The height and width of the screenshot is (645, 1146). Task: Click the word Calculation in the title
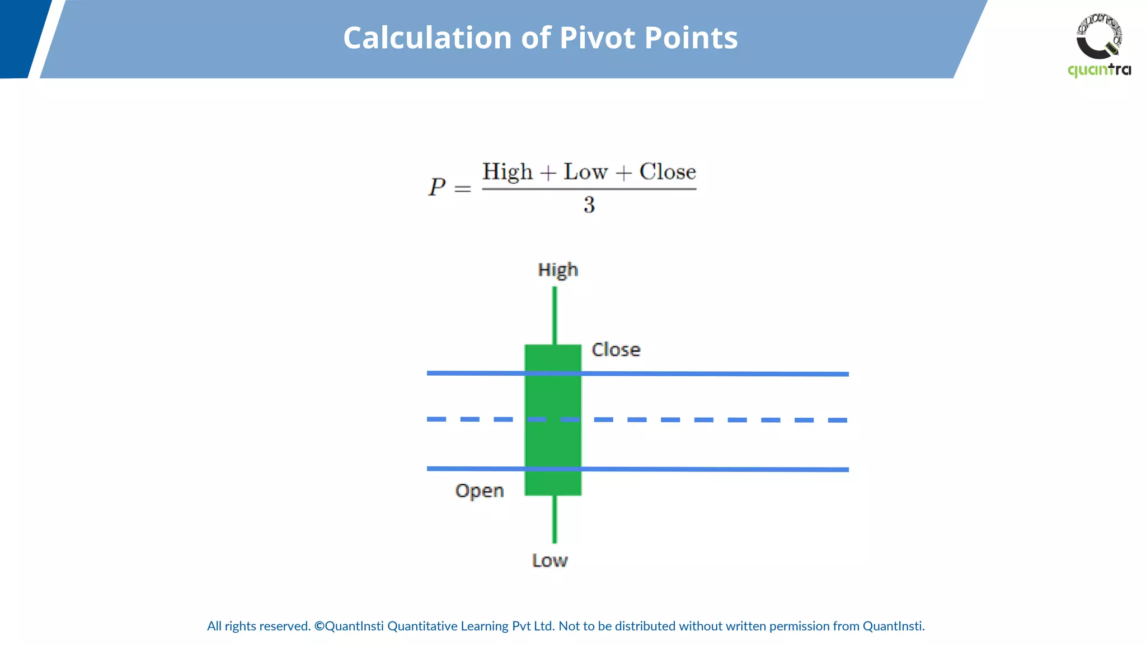(428, 38)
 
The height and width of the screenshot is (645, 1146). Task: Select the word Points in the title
(691, 38)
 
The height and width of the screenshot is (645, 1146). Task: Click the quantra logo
(1099, 45)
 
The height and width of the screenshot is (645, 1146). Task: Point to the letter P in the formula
(436, 188)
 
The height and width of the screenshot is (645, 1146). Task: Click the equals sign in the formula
(463, 189)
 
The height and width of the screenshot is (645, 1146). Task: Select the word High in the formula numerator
(507, 172)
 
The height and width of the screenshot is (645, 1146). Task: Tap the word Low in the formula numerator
(585, 172)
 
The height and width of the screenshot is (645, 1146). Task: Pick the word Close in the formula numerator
(668, 172)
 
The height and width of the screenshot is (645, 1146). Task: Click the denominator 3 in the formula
(589, 205)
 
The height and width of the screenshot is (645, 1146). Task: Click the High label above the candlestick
(558, 270)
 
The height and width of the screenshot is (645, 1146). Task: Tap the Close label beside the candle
(616, 350)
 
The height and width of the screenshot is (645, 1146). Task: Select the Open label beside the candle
(480, 491)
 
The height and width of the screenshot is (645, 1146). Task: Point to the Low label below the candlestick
(549, 560)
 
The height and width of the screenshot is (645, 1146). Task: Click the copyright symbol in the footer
(319, 626)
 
